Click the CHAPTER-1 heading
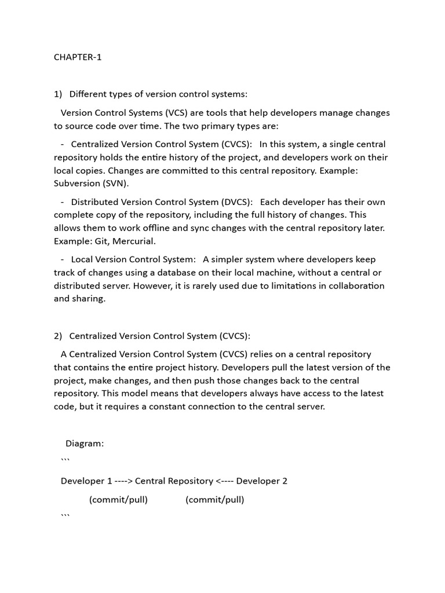(x=78, y=57)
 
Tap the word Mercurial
(x=134, y=241)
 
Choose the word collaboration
(x=355, y=285)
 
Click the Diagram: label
(x=85, y=444)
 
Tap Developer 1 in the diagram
(x=86, y=481)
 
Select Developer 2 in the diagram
(x=262, y=481)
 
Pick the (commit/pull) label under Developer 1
(x=118, y=500)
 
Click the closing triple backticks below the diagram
(x=65, y=515)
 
